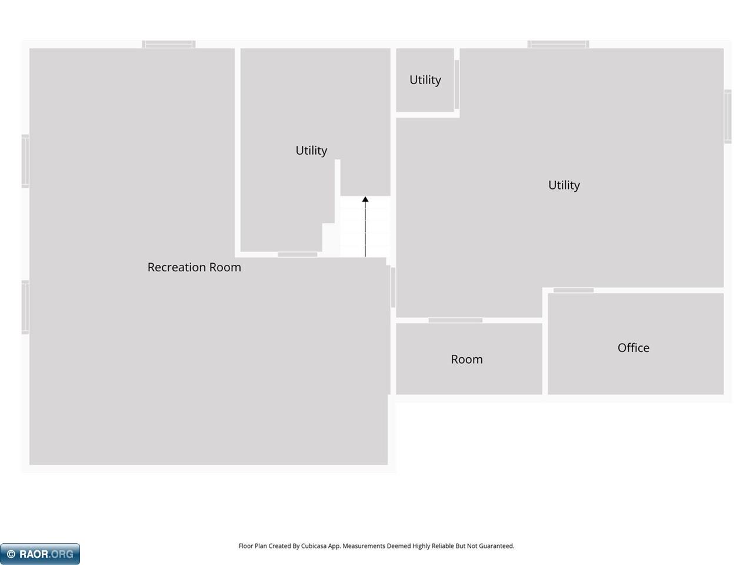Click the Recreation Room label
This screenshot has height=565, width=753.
pyautogui.click(x=194, y=267)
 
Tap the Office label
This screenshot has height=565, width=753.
pyautogui.click(x=633, y=348)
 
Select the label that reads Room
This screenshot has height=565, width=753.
pyautogui.click(x=467, y=360)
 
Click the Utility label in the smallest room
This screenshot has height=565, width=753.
pyautogui.click(x=425, y=80)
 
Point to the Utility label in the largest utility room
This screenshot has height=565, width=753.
pyautogui.click(x=564, y=185)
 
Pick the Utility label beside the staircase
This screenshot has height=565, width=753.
pyautogui.click(x=311, y=151)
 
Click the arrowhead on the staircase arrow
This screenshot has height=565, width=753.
pyautogui.click(x=365, y=200)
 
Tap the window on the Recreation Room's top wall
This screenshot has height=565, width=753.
pyautogui.click(x=169, y=44)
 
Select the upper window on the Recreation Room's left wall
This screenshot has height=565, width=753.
pyautogui.click(x=25, y=161)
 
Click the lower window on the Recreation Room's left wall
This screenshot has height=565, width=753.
pyautogui.click(x=25, y=307)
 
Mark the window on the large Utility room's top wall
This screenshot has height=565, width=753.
pyautogui.click(x=558, y=44)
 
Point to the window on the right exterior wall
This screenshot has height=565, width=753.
pyautogui.click(x=728, y=117)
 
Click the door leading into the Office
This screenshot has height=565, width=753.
pyautogui.click(x=573, y=291)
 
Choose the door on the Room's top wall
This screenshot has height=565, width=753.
pyautogui.click(x=455, y=320)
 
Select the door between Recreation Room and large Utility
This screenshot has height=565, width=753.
pyautogui.click(x=393, y=287)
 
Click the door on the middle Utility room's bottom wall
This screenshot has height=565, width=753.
pyautogui.click(x=298, y=254)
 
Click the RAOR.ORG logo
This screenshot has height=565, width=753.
pyautogui.click(x=40, y=554)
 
